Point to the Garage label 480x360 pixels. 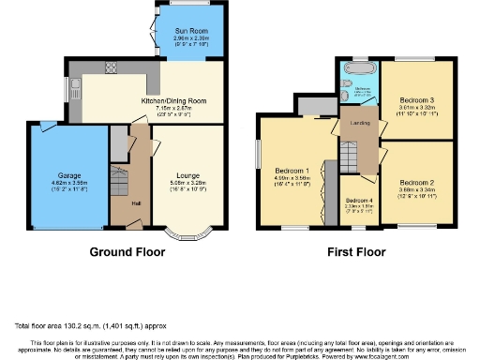pyautogui.click(x=71, y=175)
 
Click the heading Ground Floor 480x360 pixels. pyautogui.click(x=127, y=252)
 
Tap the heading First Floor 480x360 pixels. pyautogui.click(x=355, y=252)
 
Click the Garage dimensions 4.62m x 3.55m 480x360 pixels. pyautogui.click(x=71, y=183)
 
